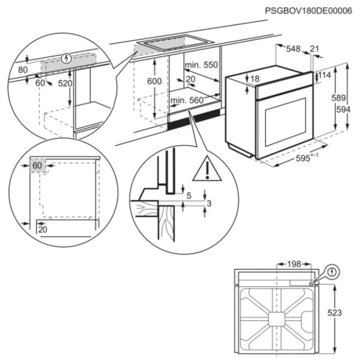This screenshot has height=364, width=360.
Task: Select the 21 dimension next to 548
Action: tap(314, 49)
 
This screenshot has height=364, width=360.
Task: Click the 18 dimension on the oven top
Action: tap(255, 80)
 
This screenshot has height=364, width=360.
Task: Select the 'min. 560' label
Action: tap(186, 100)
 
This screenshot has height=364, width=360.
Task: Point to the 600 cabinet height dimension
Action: tap(154, 81)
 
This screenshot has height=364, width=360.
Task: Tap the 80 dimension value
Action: tap(23, 70)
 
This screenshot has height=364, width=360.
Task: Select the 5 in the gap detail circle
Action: tap(189, 195)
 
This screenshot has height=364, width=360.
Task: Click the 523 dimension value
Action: tap(334, 314)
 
